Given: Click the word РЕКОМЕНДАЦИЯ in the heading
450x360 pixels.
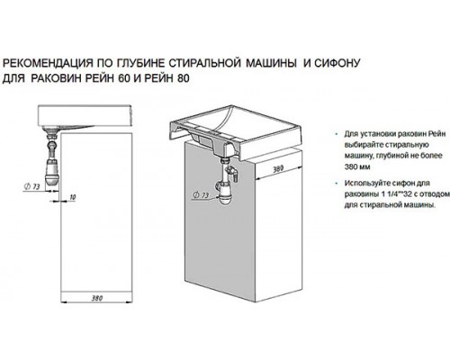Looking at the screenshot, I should click(47, 64).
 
